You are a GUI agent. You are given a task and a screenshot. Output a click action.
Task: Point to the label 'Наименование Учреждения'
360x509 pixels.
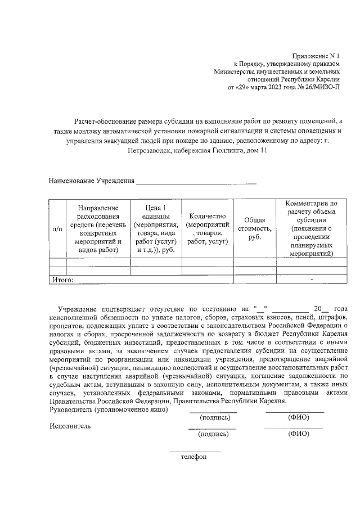click(x=92, y=181)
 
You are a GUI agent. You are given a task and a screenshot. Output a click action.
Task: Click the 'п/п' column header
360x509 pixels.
click(x=57, y=229)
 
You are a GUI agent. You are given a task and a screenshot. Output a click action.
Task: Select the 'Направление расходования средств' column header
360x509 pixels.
click(x=98, y=229)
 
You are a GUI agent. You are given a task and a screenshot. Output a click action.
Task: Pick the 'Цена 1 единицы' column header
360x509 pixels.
click(x=156, y=229)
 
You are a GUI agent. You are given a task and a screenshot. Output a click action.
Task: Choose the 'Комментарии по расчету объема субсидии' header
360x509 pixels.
click(x=311, y=228)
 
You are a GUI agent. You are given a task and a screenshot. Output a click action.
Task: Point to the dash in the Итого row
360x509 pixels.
click(x=311, y=280)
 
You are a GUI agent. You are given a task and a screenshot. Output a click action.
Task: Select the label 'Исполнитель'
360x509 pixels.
click(x=70, y=426)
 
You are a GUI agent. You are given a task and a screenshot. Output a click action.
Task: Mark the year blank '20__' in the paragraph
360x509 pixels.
click(x=321, y=309)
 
